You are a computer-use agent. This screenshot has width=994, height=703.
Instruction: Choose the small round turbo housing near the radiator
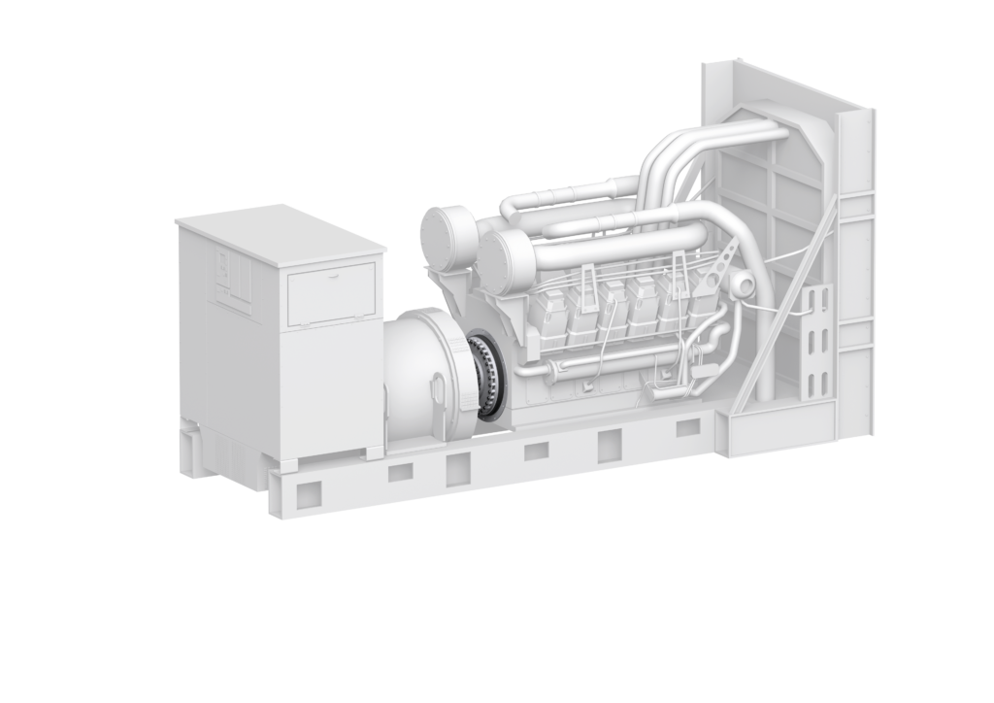745,284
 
